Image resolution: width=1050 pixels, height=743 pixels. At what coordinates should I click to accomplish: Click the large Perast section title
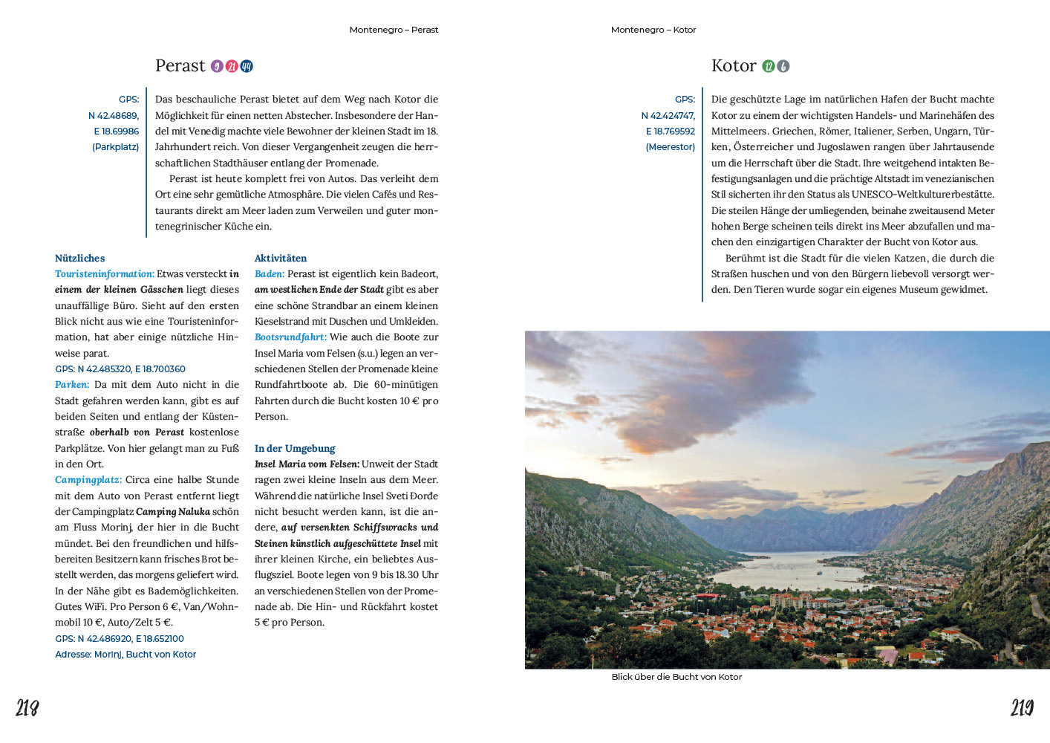tap(180, 66)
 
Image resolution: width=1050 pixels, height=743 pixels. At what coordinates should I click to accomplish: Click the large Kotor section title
tap(733, 66)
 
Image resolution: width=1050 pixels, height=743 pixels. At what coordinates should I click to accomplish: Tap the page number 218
tap(27, 708)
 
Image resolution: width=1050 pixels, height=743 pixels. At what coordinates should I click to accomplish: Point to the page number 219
tap(1022, 708)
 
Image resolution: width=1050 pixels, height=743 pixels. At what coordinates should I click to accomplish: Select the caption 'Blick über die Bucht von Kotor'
tap(676, 677)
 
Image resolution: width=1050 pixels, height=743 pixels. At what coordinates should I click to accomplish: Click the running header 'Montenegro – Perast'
tap(394, 30)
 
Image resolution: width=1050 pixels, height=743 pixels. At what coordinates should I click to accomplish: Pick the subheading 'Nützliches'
tap(80, 258)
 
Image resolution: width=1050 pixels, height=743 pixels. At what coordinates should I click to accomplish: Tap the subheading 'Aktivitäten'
tap(281, 258)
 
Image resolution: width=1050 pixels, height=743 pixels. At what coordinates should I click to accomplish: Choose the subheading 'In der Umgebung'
tap(295, 448)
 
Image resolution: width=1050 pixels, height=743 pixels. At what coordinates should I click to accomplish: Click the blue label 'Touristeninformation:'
tap(105, 274)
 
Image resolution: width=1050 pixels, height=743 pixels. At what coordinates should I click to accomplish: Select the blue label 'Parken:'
tap(72, 385)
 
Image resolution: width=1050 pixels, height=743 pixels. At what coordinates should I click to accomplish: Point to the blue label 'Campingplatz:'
tap(88, 480)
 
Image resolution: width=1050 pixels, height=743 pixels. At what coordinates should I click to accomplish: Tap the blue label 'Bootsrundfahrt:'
tap(290, 337)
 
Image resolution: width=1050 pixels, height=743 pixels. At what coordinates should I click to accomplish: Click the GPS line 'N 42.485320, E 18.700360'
tap(120, 369)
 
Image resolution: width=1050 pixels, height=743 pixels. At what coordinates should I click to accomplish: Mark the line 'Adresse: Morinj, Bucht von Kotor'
tap(125, 655)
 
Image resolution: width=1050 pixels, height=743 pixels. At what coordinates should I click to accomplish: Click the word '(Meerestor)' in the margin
tap(671, 147)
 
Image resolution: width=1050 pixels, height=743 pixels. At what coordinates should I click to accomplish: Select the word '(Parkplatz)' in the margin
tap(116, 147)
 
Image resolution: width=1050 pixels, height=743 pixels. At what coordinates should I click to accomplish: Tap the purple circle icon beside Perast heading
tap(217, 66)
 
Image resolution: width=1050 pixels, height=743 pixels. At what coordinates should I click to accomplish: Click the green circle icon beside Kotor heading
tap(769, 66)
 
